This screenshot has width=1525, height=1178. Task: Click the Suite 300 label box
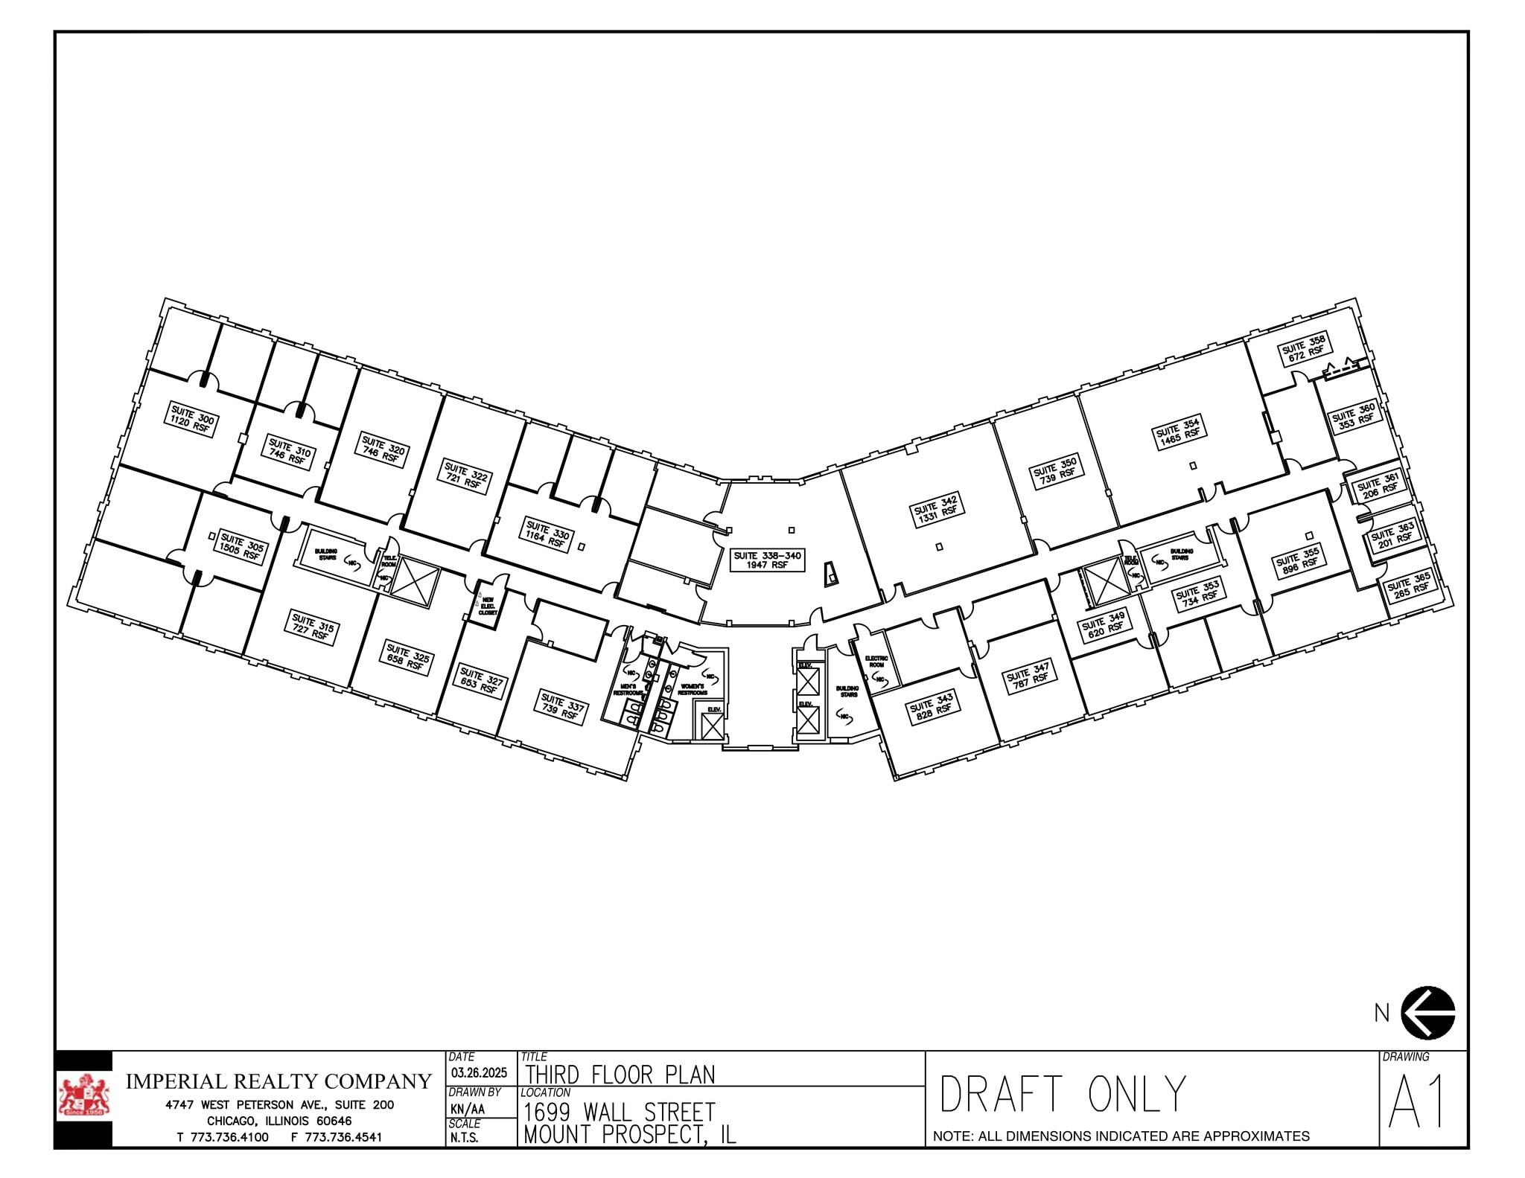click(x=192, y=420)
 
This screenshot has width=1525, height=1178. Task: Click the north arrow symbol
click(x=1427, y=1012)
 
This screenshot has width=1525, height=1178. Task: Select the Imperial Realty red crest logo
click(x=83, y=1098)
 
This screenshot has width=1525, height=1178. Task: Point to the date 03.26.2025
click(x=479, y=1073)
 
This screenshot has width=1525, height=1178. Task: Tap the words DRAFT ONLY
click(x=1062, y=1094)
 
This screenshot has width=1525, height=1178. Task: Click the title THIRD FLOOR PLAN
click(x=620, y=1075)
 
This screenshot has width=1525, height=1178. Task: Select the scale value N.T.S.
click(x=463, y=1137)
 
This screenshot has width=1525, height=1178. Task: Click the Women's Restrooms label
click(x=692, y=689)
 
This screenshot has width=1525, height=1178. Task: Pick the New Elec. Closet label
click(x=488, y=605)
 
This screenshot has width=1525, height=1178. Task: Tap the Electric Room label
click(x=876, y=661)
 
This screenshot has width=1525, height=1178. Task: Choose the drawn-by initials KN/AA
click(x=467, y=1109)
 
